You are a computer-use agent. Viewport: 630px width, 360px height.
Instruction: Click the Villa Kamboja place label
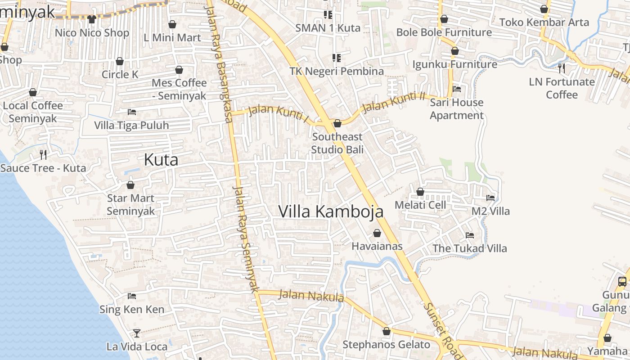pyautogui.click(x=331, y=211)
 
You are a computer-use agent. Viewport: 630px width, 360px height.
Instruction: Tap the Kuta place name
pyautogui.click(x=161, y=160)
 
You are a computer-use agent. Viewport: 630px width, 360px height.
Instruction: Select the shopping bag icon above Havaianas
pyautogui.click(x=377, y=233)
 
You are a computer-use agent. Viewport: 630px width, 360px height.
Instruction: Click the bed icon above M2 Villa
pyautogui.click(x=490, y=198)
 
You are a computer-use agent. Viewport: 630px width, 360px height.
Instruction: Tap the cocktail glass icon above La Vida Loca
pyautogui.click(x=137, y=333)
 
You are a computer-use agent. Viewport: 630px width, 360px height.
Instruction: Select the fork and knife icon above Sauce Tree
pyautogui.click(x=43, y=155)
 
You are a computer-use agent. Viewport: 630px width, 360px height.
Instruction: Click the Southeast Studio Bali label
pyautogui.click(x=337, y=143)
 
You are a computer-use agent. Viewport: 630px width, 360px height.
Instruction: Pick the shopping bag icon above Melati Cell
pyautogui.click(x=420, y=192)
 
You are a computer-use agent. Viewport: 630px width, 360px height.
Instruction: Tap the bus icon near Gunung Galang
pyautogui.click(x=622, y=282)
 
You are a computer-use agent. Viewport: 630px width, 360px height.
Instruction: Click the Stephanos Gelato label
pyautogui.click(x=387, y=345)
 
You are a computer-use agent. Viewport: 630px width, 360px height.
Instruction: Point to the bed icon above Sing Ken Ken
pyautogui.click(x=132, y=296)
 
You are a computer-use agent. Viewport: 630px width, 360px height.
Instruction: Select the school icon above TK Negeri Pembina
pyautogui.click(x=336, y=58)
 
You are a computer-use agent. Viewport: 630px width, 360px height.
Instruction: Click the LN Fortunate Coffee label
pyautogui.click(x=562, y=88)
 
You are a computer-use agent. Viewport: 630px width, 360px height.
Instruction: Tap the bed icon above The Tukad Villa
pyautogui.click(x=470, y=235)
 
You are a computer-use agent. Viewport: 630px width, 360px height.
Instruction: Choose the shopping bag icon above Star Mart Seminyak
pyautogui.click(x=130, y=185)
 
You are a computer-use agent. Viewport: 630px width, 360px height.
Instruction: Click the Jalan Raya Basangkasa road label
pyautogui.click(x=224, y=63)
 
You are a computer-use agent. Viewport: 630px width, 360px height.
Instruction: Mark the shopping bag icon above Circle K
pyautogui.click(x=120, y=61)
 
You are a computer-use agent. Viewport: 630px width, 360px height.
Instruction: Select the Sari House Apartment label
pyautogui.click(x=456, y=109)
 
